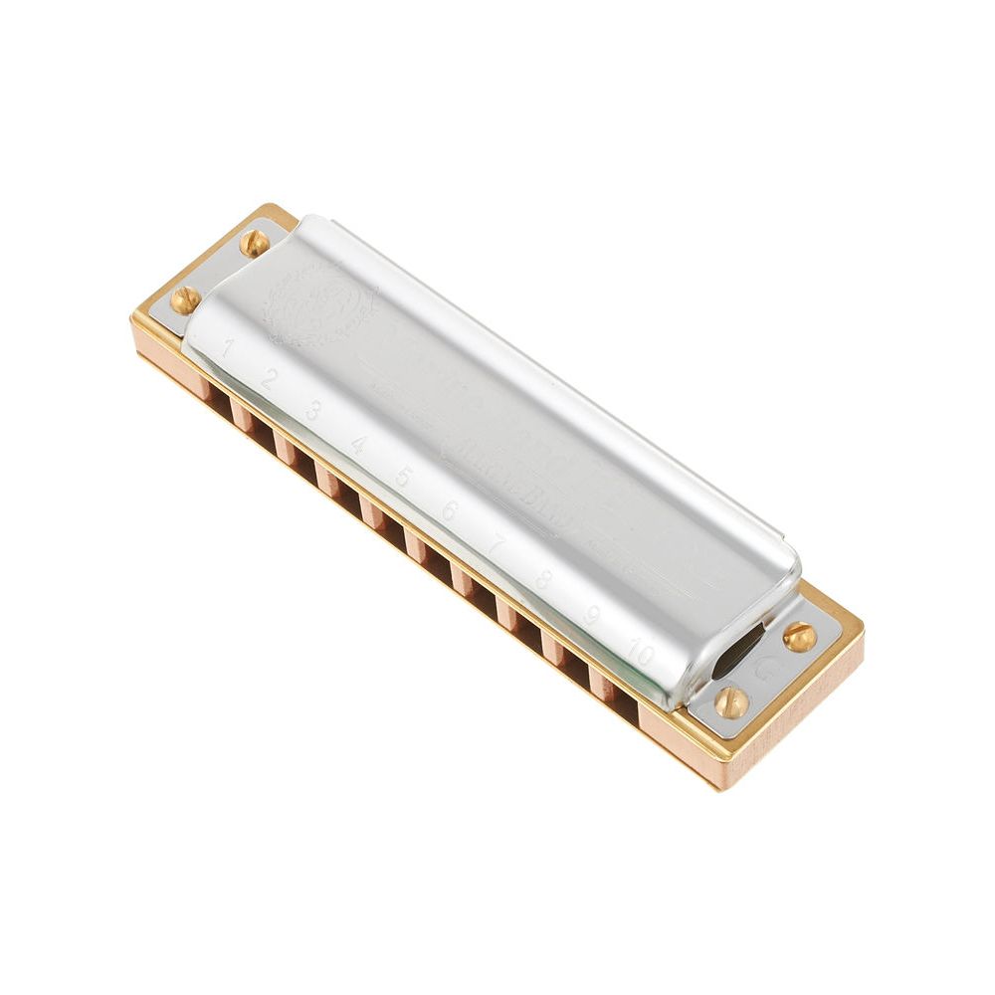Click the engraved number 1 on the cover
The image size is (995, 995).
(229, 347)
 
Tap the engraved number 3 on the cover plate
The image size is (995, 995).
(313, 409)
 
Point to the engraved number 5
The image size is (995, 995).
(403, 476)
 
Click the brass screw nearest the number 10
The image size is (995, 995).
(731, 701)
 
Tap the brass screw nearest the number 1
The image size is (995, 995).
(185, 298)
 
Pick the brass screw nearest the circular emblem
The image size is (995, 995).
(254, 242)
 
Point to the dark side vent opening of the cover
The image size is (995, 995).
(738, 652)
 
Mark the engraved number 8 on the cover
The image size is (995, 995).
(543, 579)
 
